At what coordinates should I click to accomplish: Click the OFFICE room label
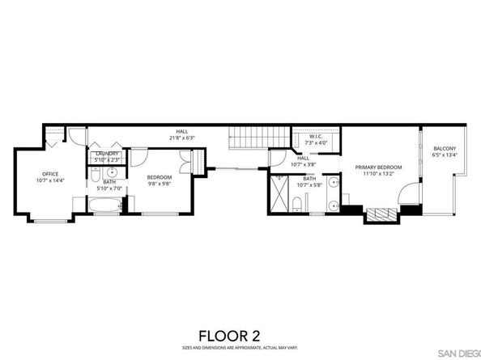(x=51, y=173)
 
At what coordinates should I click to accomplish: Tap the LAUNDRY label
(x=108, y=154)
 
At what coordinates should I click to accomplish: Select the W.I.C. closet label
(x=316, y=137)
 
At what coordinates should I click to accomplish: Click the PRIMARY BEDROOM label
(x=378, y=167)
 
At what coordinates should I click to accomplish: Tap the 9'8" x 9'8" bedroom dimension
(x=159, y=182)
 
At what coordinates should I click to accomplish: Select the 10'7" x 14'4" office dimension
(x=51, y=180)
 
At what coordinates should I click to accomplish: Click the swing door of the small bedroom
(x=138, y=158)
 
